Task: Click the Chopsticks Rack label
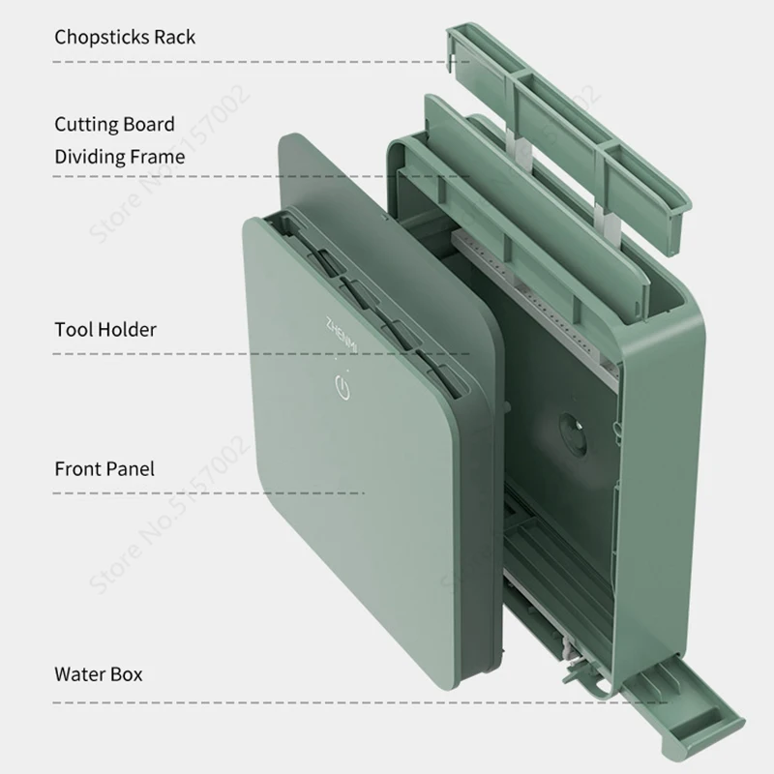pos(125,38)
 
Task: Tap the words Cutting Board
pos(114,124)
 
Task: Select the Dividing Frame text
pos(119,156)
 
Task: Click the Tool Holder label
pos(104,329)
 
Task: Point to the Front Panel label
pos(104,469)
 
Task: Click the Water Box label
pos(98,673)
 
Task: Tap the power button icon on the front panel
pos(342,390)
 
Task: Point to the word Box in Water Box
pos(125,673)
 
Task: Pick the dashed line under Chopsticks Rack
pos(242,62)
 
